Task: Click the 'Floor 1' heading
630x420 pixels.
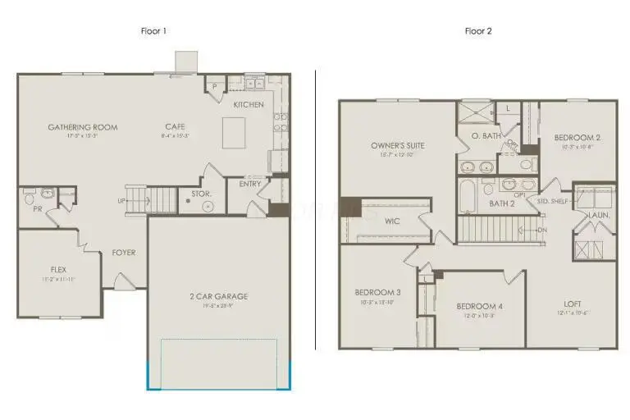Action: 154,32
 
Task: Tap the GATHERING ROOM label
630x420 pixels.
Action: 82,127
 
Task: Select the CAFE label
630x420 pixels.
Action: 175,126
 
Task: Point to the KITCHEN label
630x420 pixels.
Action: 249,105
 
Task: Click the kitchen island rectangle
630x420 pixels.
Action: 235,130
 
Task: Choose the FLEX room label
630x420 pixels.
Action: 58,269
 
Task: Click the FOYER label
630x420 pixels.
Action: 124,253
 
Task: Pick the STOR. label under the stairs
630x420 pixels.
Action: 202,194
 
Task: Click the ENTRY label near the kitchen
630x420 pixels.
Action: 250,184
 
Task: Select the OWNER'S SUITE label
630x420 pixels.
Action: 395,147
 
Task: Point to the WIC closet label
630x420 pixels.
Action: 392,221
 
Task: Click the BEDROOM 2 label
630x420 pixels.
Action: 577,138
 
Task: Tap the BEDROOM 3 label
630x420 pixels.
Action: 377,293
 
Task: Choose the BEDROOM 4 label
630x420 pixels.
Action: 479,307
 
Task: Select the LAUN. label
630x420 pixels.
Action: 596,215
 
